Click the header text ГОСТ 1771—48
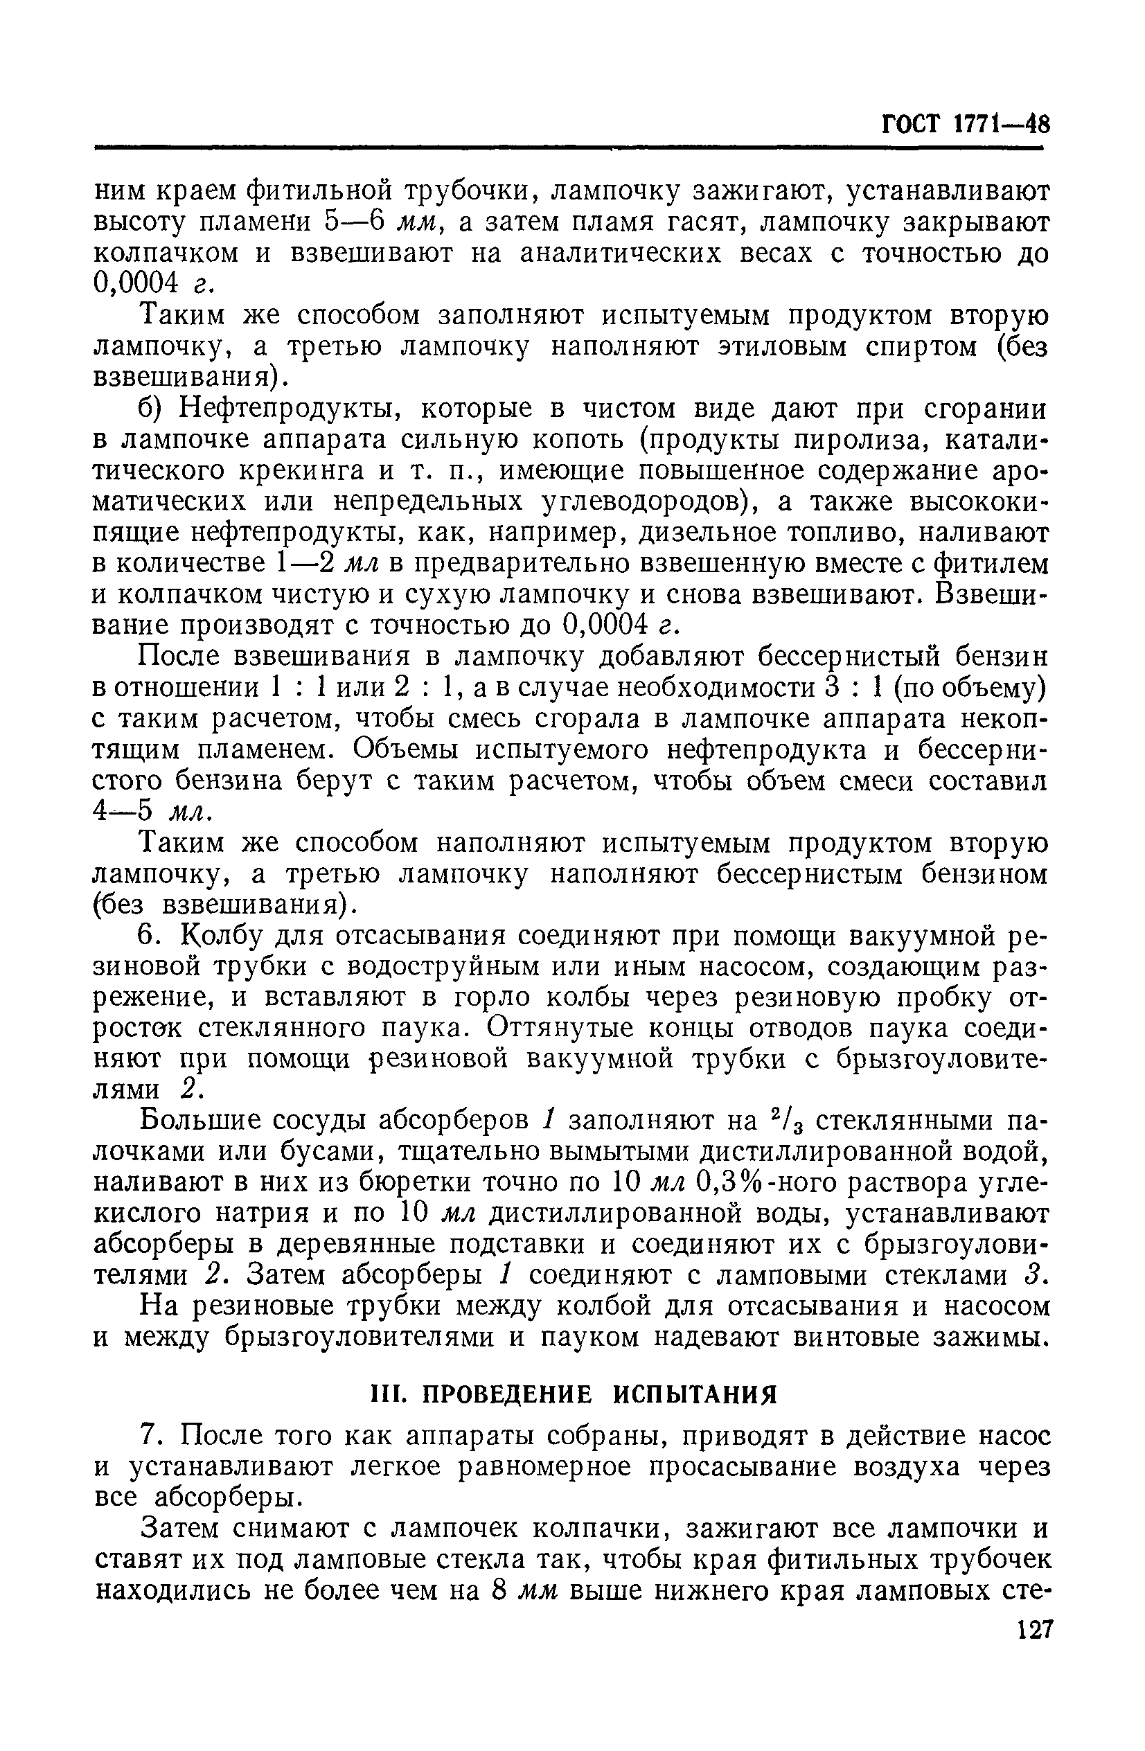click(965, 123)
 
